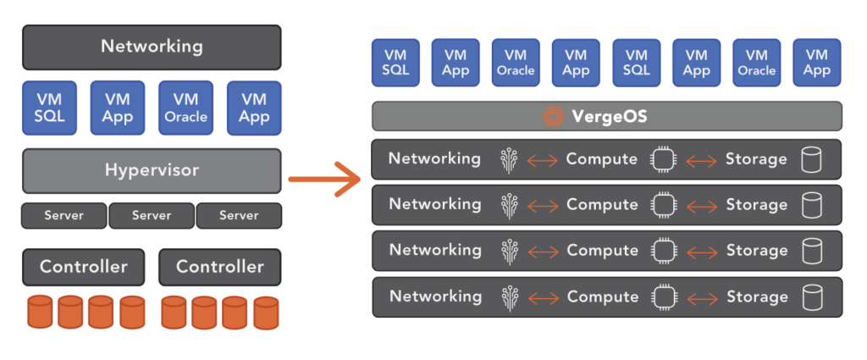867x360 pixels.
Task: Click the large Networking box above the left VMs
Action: click(152, 47)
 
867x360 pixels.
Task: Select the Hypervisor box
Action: click(152, 170)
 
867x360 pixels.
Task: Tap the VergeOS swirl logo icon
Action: click(553, 116)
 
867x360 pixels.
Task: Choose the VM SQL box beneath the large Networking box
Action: click(50, 108)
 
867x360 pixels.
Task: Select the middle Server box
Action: click(152, 216)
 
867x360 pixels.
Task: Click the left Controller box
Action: click(83, 267)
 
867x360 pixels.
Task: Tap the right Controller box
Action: click(219, 267)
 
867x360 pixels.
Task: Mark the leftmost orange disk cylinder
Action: click(40, 312)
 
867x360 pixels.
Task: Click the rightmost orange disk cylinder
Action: click(265, 312)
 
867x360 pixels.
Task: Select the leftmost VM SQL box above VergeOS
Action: click(395, 62)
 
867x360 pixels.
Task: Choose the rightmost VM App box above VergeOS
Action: click(816, 62)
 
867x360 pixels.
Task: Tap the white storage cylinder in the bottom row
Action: click(811, 296)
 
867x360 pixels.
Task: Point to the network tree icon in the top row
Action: click(509, 159)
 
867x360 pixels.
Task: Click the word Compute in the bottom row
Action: click(602, 296)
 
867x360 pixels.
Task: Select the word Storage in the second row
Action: click(756, 205)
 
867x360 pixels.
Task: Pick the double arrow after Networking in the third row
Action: click(542, 252)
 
